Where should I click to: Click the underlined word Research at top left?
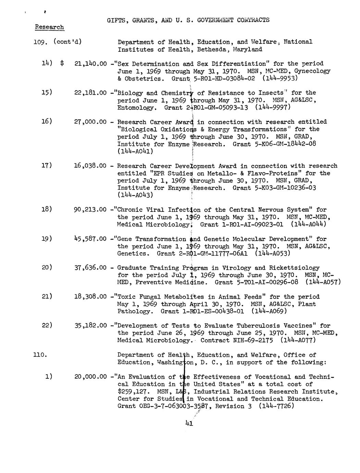click(x=49, y=27)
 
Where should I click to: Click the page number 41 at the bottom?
click(x=189, y=423)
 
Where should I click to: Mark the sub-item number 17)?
click(x=47, y=166)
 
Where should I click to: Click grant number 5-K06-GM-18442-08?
click(x=274, y=144)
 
